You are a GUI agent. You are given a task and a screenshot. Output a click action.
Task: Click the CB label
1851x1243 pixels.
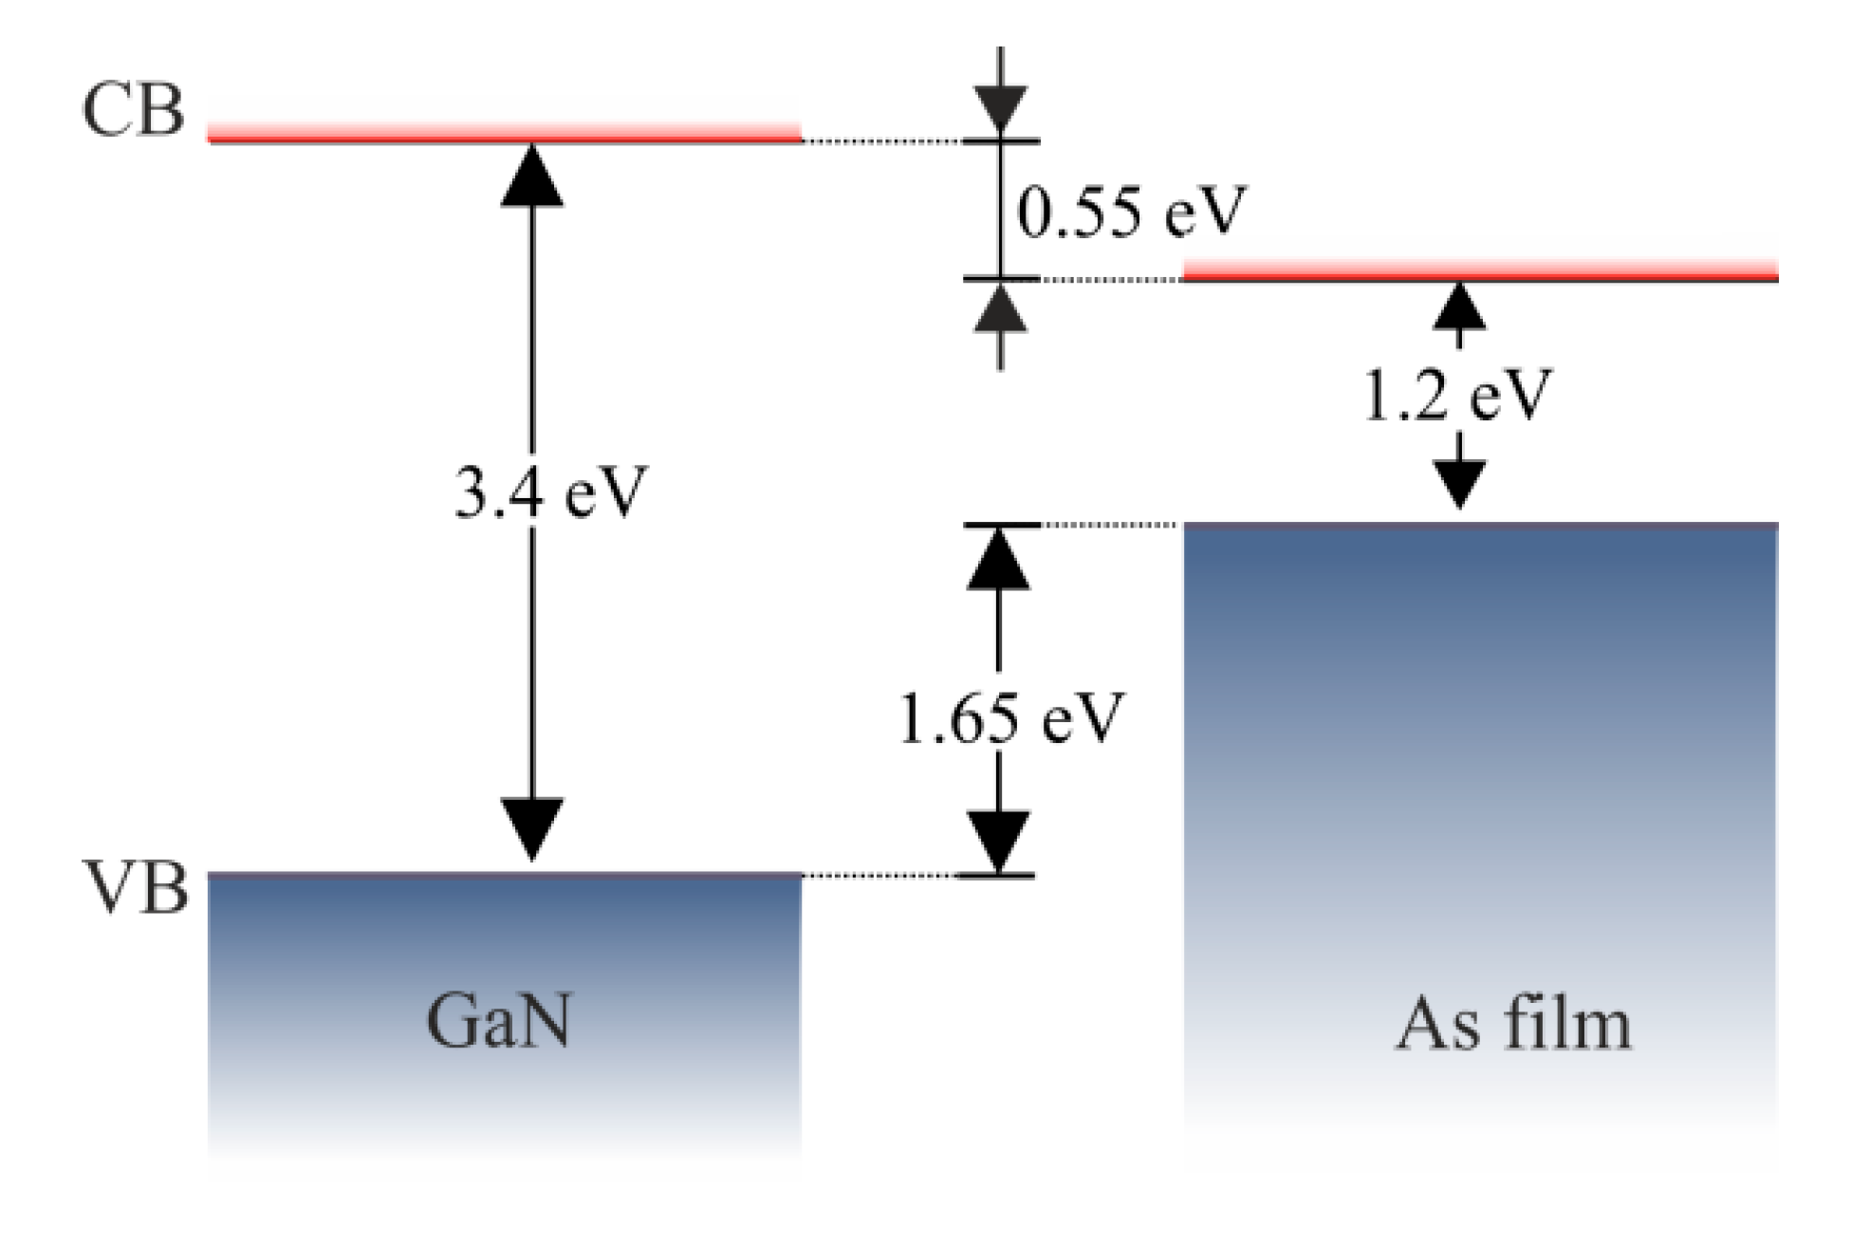coord(132,112)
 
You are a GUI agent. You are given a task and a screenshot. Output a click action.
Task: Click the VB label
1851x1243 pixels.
coord(132,891)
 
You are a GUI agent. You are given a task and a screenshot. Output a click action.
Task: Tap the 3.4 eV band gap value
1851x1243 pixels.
coord(549,494)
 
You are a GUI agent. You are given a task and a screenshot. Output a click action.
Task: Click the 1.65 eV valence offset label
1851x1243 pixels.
coord(1009,718)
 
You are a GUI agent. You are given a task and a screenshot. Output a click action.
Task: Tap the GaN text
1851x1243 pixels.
coord(499,1022)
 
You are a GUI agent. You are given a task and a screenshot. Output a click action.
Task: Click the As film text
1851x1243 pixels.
coord(1512,1025)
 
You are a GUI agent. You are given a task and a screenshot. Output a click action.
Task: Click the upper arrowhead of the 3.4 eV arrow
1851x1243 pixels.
coord(531,176)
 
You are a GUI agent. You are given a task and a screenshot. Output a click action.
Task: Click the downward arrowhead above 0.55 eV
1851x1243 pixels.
coord(1002,107)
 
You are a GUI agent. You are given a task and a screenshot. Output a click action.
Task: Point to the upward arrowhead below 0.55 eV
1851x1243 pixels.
coord(1001,311)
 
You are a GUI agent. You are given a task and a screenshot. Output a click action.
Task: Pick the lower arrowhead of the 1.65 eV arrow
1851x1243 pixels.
coord(998,841)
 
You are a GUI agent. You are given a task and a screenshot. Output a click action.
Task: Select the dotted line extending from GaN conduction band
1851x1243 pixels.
coord(882,140)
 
